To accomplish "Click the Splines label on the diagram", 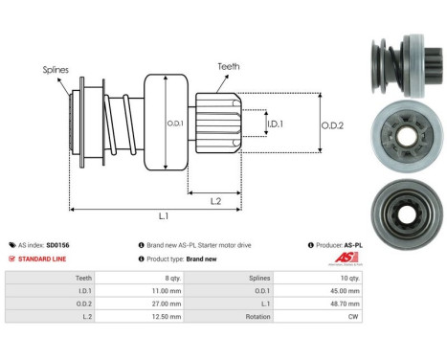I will [x=56, y=70].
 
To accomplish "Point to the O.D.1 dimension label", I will [x=175, y=123].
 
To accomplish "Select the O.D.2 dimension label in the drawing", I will [x=332, y=123].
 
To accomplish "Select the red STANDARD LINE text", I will [x=44, y=259].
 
